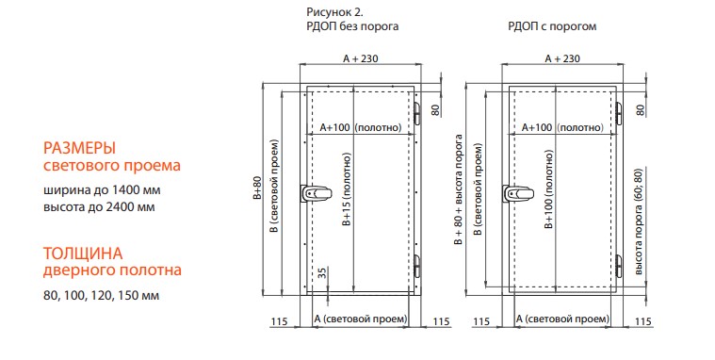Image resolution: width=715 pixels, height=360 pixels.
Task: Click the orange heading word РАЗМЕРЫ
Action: click(79, 148)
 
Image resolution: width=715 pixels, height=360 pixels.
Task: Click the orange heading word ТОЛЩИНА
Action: click(83, 254)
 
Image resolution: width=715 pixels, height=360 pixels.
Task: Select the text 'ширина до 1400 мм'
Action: click(102, 189)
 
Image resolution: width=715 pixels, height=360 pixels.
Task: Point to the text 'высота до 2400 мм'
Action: click(99, 206)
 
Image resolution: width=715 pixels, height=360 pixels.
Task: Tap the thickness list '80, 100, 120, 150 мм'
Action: click(101, 295)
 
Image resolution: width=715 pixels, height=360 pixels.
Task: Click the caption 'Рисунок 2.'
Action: click(334, 12)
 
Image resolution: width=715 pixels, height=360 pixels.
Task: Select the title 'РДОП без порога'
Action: click(352, 26)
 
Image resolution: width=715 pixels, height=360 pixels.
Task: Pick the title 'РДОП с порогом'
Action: click(552, 26)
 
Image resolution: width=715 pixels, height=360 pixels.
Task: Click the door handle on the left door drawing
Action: click(315, 193)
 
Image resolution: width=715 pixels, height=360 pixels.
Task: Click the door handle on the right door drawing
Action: click(517, 193)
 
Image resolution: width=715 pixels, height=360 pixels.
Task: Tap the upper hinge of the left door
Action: click(416, 113)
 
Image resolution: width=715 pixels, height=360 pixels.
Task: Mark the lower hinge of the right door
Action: click(619, 266)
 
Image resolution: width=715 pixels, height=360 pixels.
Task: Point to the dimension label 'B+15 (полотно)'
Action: click(347, 189)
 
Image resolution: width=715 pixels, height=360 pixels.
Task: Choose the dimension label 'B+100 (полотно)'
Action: click(549, 188)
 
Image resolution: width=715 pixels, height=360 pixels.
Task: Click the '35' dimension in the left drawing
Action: click(322, 273)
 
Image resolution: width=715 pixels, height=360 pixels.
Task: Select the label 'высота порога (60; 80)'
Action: click(639, 221)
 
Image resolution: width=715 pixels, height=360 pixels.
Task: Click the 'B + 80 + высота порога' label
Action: click(459, 189)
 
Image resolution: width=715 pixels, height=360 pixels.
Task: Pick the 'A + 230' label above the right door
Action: click(562, 58)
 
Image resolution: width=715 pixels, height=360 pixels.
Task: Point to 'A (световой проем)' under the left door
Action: click(360, 319)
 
